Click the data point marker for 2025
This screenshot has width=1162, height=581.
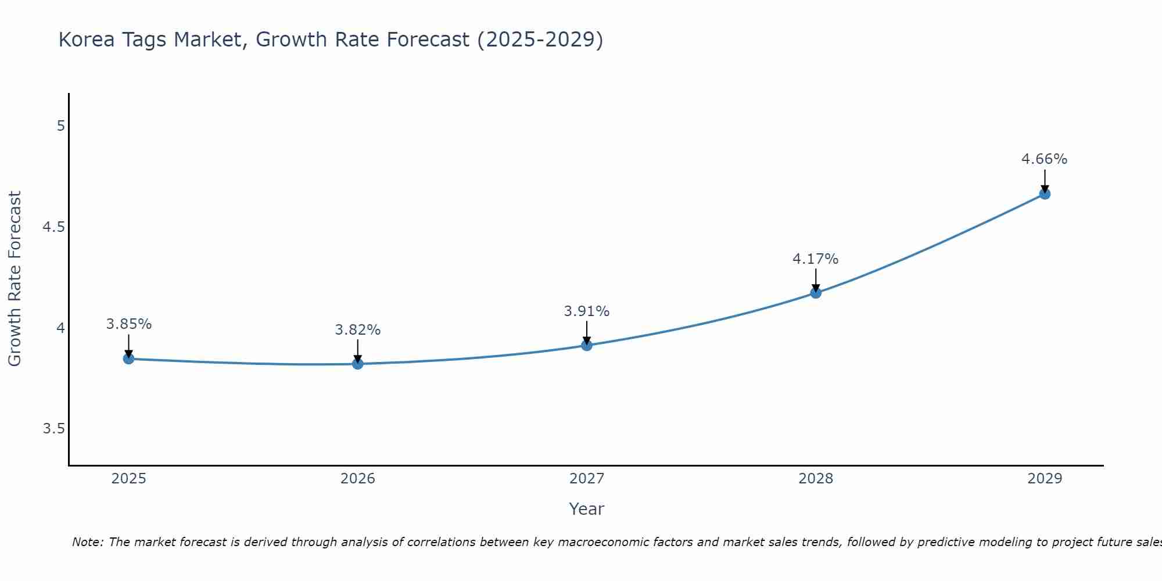[x=128, y=359]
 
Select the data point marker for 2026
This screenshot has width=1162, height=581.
[x=358, y=364]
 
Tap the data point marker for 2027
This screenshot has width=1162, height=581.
[x=587, y=346]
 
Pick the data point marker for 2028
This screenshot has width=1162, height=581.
[x=816, y=293]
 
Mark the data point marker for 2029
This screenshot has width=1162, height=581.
[x=1045, y=194]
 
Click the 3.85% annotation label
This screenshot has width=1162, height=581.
[x=128, y=324]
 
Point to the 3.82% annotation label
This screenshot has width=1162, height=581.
[x=358, y=330]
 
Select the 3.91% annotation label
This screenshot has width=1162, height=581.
[x=587, y=311]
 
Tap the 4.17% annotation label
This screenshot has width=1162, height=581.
[x=816, y=259]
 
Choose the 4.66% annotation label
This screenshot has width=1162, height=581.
[x=1045, y=159]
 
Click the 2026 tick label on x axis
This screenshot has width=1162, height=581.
[x=358, y=479]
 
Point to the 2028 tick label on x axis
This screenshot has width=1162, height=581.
[x=816, y=479]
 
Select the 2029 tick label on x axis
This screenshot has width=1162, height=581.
[x=1045, y=479]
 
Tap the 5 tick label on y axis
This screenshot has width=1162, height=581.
[x=60, y=126]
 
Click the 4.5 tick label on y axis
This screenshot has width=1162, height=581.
[x=53, y=227]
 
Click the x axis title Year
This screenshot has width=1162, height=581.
[x=587, y=509]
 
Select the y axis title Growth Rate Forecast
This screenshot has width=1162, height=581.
[x=15, y=279]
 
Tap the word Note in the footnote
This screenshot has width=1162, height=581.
[x=87, y=542]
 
